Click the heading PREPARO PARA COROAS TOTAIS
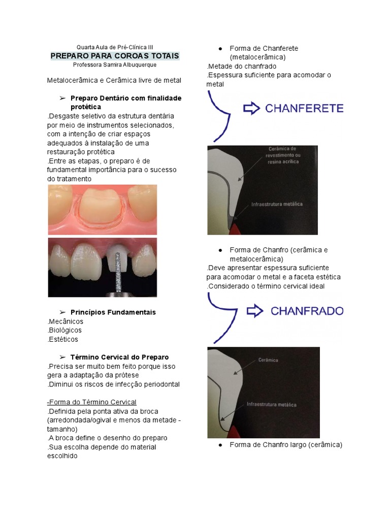click(x=114, y=55)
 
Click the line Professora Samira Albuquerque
click(x=114, y=65)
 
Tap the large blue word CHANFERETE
click(x=304, y=108)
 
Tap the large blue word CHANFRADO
click(x=307, y=311)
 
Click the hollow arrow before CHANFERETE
click(x=251, y=108)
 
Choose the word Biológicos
click(x=66, y=331)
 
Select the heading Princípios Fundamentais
click(x=113, y=312)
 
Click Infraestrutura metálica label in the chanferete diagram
click(x=277, y=204)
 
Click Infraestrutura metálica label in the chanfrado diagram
click(x=271, y=405)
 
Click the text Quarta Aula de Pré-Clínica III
click(x=114, y=47)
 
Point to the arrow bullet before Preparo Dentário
click(x=62, y=98)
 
